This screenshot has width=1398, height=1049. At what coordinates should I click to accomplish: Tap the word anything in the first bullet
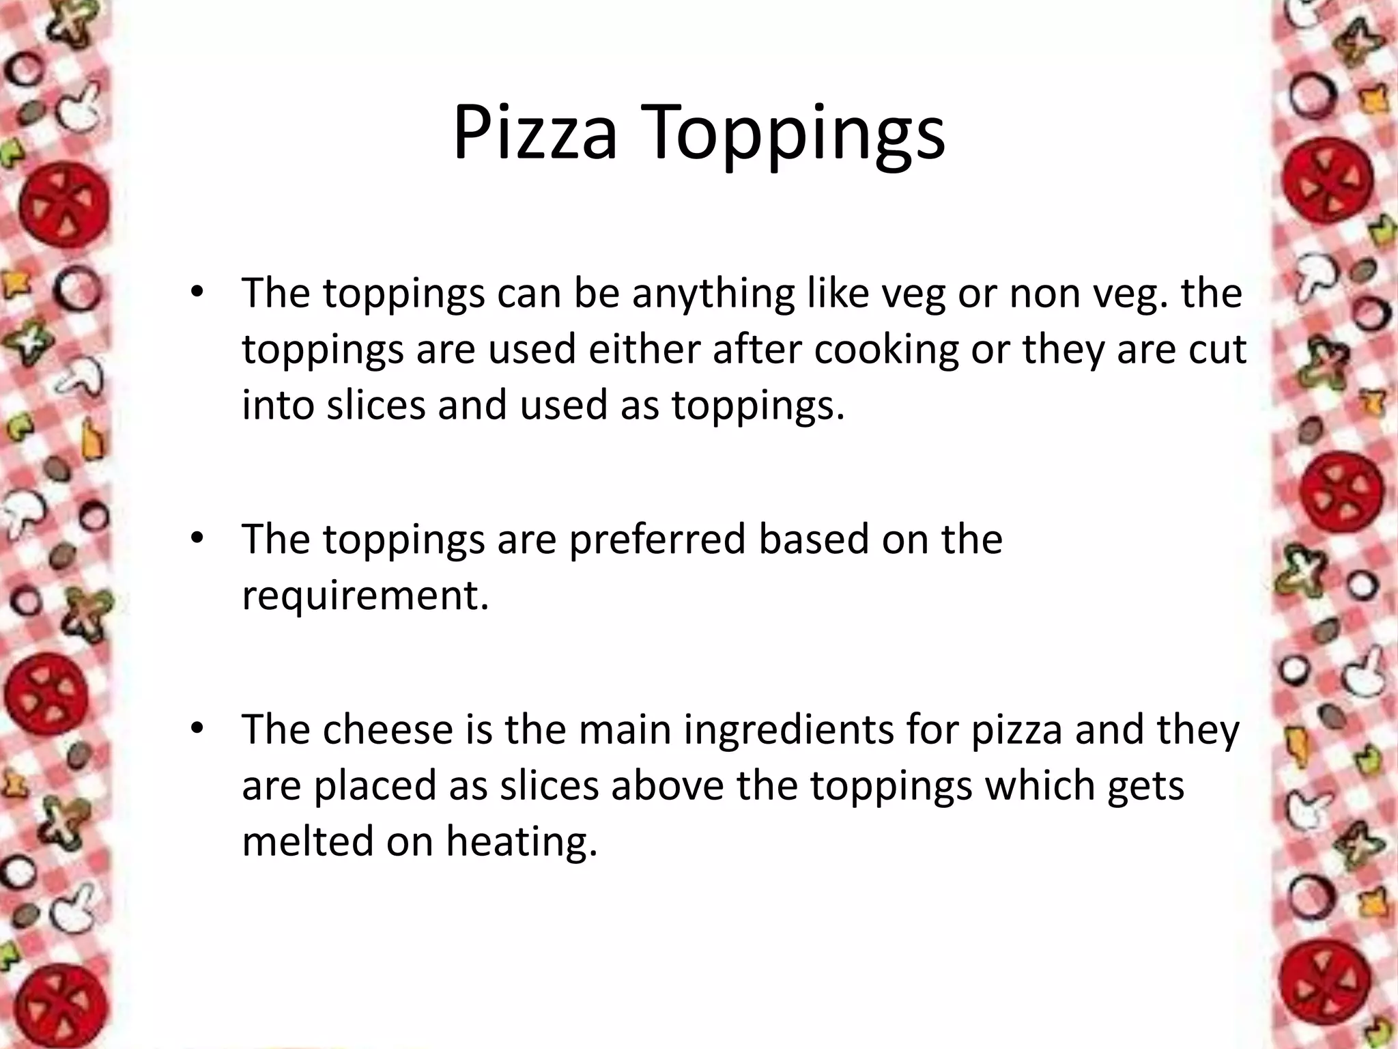712,295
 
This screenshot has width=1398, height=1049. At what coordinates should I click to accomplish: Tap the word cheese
388,729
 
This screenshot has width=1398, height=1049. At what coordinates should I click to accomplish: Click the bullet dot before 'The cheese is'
197,729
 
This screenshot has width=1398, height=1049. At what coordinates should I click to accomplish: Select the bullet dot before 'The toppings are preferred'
197,539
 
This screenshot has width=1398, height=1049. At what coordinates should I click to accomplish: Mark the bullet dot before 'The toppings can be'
197,292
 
